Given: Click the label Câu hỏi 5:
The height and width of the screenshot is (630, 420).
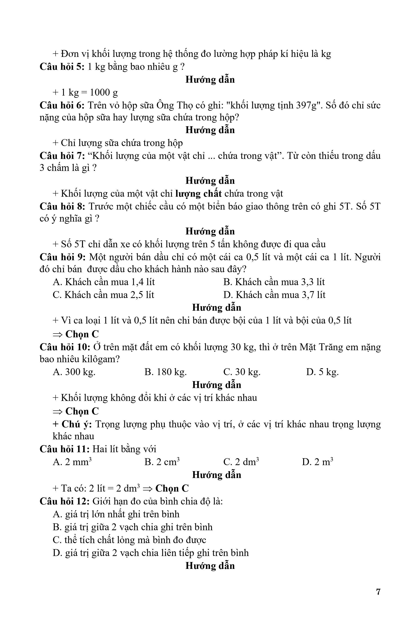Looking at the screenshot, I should tap(62, 66).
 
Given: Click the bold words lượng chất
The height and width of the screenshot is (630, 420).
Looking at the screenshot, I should tap(198, 193).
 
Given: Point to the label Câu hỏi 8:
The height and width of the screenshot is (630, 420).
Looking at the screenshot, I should tap(62, 206).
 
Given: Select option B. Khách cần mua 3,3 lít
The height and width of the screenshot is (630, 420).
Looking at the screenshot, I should tap(274, 282).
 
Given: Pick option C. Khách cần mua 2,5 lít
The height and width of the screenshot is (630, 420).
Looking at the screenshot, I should tap(103, 295).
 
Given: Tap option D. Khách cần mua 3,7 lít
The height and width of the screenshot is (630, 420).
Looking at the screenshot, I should tap(274, 295).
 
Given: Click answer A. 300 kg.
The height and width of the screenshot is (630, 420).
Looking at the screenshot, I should tap(74, 372).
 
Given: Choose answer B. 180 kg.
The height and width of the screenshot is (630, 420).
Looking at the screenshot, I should tap(165, 372).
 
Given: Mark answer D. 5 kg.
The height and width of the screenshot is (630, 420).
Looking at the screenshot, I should tap(322, 372).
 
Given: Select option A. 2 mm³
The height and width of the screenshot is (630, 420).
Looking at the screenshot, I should tap(72, 462).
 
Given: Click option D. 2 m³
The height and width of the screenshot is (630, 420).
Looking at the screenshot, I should tap(317, 462).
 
